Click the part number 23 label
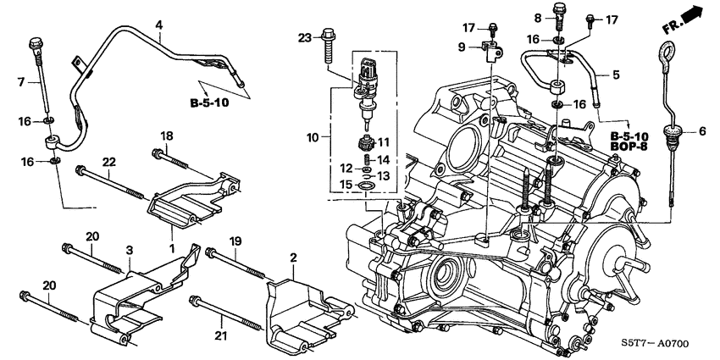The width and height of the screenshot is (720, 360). click(305, 36)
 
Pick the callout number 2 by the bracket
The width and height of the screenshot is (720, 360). click(293, 256)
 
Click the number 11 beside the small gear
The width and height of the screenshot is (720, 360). click(381, 141)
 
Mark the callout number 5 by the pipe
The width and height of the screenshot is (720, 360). click(616, 75)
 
